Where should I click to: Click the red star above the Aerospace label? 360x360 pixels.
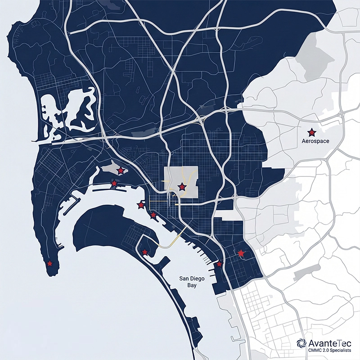tap(311, 132)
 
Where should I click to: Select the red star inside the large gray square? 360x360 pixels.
tap(182, 186)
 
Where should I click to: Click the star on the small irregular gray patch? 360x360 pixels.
tap(121, 171)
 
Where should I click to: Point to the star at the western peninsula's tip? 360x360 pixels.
tap(49, 263)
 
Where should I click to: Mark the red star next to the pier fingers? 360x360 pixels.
tap(219, 264)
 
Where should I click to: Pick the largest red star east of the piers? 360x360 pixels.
tap(241, 253)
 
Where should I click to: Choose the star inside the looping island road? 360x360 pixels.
tap(144, 252)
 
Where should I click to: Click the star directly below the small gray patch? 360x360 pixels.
tap(114, 183)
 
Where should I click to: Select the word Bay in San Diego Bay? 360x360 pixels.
tap(189, 285)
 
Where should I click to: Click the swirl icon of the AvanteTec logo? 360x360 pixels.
tap(302, 343)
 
